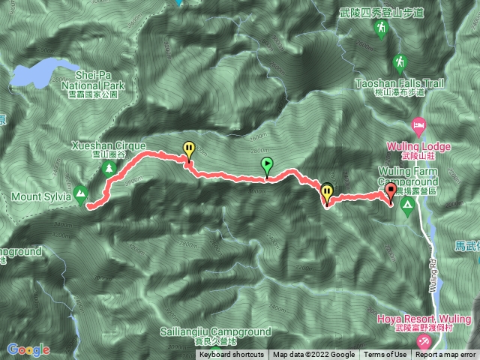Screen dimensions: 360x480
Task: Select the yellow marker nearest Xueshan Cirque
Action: tap(189, 150)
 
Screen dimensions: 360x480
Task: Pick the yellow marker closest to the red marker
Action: tap(327, 194)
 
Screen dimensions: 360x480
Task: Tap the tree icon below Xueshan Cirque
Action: tap(109, 169)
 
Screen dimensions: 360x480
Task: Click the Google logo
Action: tap(28, 349)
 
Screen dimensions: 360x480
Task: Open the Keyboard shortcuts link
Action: tap(232, 355)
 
